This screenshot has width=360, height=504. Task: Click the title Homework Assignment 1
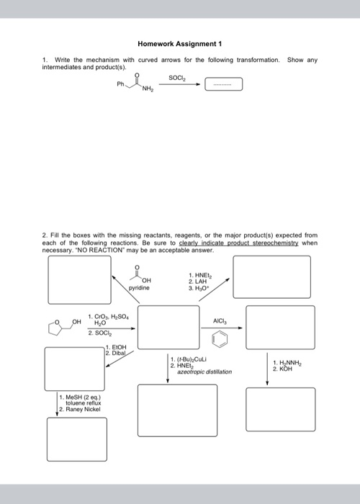click(x=180, y=42)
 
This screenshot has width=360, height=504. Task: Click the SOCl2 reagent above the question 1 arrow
click(x=176, y=78)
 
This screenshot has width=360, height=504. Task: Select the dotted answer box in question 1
click(x=223, y=85)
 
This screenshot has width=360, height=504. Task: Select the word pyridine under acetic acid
click(x=138, y=287)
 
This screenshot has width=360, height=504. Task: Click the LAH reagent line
click(x=194, y=281)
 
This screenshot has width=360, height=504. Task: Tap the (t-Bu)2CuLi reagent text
click(x=191, y=359)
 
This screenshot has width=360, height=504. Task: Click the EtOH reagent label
click(x=115, y=347)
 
